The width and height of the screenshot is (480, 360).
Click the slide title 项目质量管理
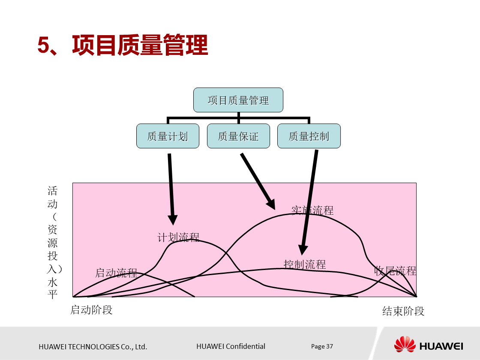point(123,45)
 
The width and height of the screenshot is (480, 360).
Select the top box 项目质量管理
point(238,100)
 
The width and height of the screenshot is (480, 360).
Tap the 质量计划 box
point(168,136)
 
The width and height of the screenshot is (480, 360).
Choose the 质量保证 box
point(238,136)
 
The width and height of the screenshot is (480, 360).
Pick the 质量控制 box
point(309,136)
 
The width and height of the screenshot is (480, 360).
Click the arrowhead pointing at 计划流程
point(173,219)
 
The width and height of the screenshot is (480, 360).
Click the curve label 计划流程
point(179,237)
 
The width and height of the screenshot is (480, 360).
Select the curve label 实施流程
point(312,210)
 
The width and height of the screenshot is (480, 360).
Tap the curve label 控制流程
point(305,264)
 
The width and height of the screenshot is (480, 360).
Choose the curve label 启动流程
point(116,273)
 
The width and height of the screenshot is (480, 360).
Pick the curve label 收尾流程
point(395,270)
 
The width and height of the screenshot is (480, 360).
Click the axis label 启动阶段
point(91,309)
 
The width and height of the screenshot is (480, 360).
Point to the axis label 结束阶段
point(403,311)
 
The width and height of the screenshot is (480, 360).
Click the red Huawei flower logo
point(405,345)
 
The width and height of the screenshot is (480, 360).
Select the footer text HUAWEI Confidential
point(231,346)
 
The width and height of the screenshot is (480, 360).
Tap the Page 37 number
point(322,346)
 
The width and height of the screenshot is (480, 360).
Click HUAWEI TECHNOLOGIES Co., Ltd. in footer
point(93,347)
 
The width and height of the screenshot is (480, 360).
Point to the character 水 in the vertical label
point(52,282)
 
